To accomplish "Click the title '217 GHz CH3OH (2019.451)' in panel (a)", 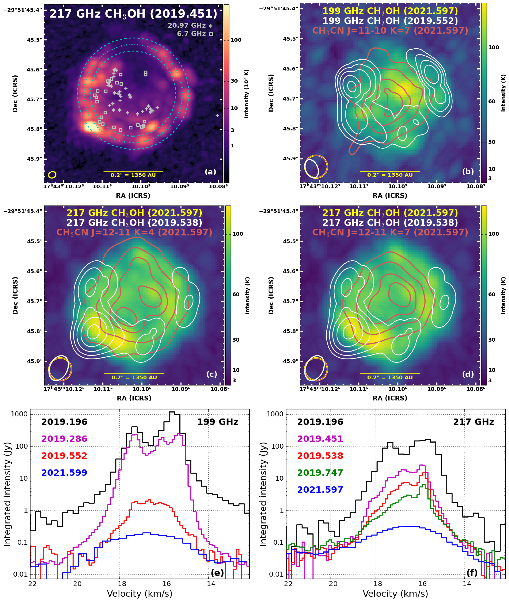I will click(x=133, y=14).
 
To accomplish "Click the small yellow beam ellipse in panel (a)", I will click(x=52, y=175).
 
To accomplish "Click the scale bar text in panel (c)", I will click(x=134, y=377).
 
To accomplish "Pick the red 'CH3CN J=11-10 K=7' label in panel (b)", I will click(x=390, y=31).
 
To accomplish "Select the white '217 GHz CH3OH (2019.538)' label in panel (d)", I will click(x=390, y=223).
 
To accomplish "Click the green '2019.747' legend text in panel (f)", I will click(x=320, y=473).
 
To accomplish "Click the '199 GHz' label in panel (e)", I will click(x=218, y=422).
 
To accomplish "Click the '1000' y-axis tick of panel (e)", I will click(x=19, y=414).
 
